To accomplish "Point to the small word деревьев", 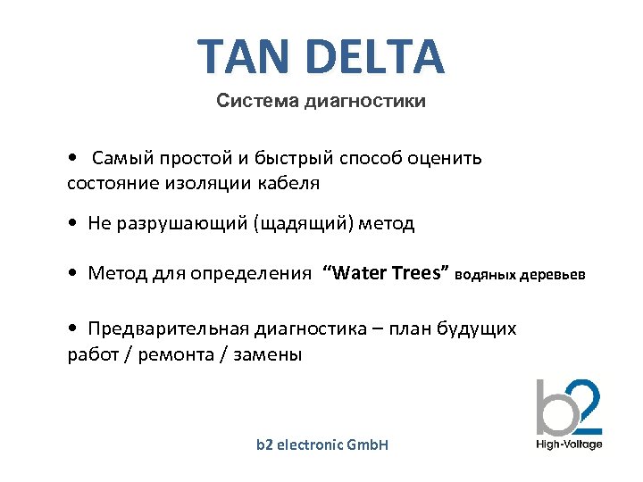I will point(554,274).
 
